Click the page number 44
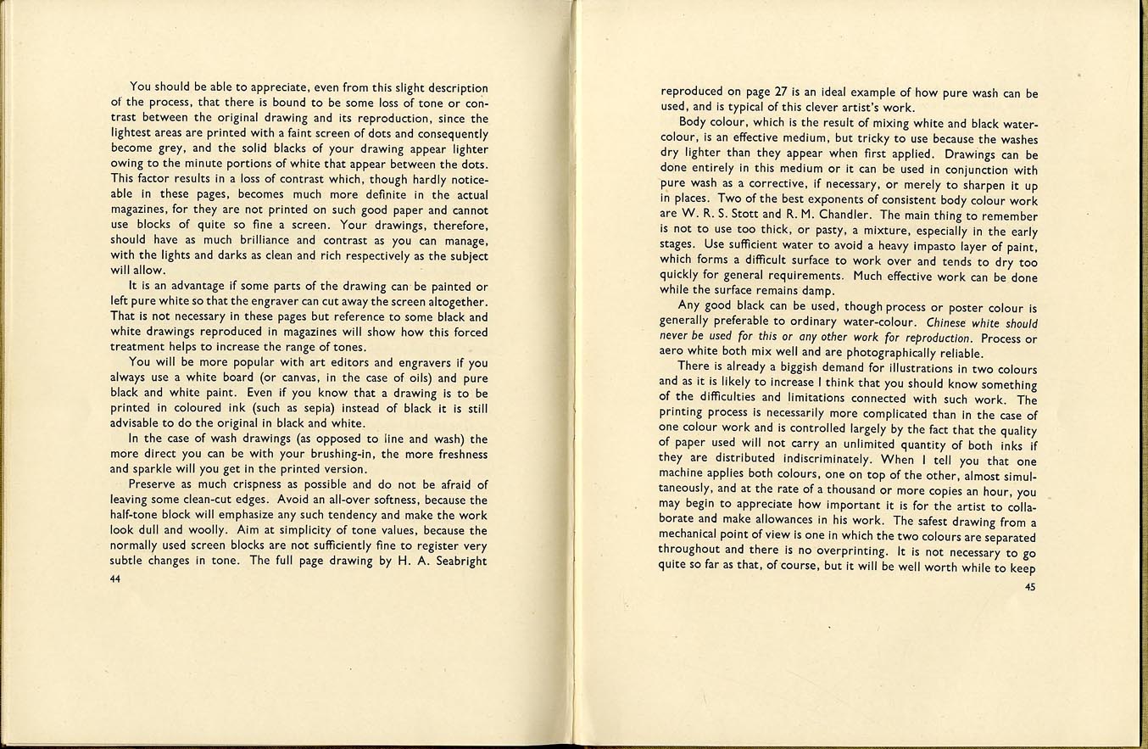116,579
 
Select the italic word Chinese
951,323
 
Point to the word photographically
869,354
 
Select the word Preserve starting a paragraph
154,484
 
